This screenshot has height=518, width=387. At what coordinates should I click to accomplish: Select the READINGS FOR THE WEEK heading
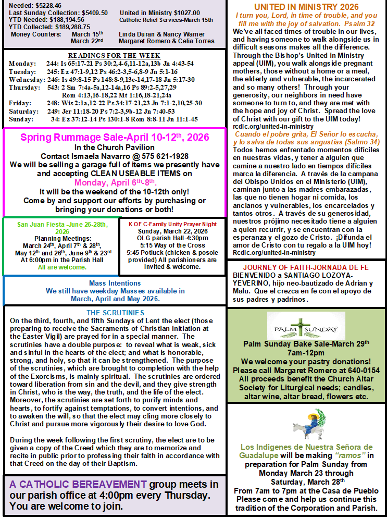click(115, 56)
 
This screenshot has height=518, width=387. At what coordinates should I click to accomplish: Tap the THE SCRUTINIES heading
click(115, 313)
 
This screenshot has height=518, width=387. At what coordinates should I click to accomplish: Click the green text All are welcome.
click(62, 267)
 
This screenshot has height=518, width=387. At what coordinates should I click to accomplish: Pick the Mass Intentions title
click(114, 283)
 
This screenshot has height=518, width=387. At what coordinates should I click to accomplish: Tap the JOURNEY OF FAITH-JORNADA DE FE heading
click(301, 267)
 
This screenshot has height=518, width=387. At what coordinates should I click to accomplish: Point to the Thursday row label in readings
click(25, 88)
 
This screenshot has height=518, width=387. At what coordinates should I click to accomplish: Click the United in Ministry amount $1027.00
click(182, 13)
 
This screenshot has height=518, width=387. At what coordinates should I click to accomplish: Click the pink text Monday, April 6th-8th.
click(115, 182)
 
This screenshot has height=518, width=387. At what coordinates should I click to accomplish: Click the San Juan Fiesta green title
click(62, 224)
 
